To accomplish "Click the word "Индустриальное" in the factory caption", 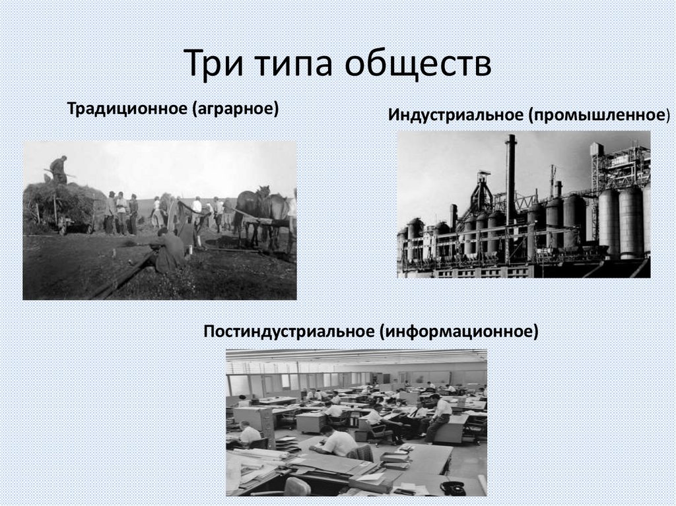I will pyautogui.click(x=455, y=115).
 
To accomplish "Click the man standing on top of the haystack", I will pyautogui.click(x=59, y=170).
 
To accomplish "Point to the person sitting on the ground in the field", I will pyautogui.click(x=168, y=249).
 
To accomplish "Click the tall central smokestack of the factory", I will pyautogui.click(x=510, y=178).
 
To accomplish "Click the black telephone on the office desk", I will pyautogui.click(x=452, y=488).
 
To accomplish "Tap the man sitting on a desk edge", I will pyautogui.click(x=440, y=416).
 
